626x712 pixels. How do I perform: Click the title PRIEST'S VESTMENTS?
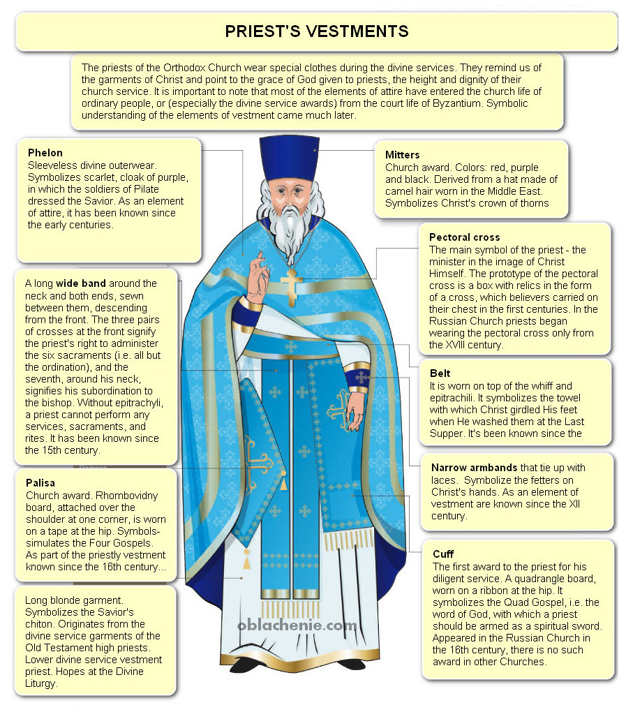(x=316, y=31)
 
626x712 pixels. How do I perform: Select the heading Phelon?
(x=45, y=153)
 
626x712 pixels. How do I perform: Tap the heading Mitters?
(x=403, y=155)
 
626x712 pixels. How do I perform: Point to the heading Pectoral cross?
(x=464, y=237)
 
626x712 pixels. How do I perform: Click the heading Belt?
(x=440, y=373)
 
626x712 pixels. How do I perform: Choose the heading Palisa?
(x=40, y=482)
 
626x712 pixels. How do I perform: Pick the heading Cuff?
(x=444, y=554)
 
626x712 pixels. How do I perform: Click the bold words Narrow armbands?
(x=474, y=468)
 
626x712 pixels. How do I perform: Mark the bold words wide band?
(x=80, y=283)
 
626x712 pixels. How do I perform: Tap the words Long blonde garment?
(x=74, y=600)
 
